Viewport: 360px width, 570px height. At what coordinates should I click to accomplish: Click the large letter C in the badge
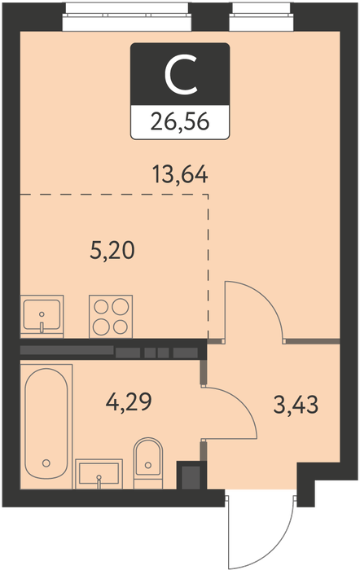pos(180,75)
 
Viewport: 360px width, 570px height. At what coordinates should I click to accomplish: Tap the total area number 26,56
pos(180,121)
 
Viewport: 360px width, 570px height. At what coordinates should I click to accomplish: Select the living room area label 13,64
pos(180,174)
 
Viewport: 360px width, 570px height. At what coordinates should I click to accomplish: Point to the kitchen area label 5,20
pos(112,251)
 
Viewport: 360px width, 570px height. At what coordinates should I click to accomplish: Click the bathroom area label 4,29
pos(129,401)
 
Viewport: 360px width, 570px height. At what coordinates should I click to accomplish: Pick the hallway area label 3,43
pos(296,405)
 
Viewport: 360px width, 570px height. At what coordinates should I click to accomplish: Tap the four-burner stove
pos(111,316)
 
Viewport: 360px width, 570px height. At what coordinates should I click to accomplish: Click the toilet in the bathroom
pos(148,463)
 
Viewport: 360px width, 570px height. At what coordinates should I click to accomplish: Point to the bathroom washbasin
pos(99,474)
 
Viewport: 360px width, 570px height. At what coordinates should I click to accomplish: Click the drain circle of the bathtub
pos(46,463)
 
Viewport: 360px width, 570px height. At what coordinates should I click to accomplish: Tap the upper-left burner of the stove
pos(101,307)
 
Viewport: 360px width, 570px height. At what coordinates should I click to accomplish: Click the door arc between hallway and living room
pos(268,297)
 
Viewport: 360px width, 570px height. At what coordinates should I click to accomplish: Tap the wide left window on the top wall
pos(127,16)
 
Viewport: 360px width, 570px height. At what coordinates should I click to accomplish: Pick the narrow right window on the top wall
pos(261,16)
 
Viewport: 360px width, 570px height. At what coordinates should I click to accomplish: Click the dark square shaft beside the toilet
pos(191,476)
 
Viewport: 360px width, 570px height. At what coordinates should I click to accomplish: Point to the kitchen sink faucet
pos(42,327)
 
